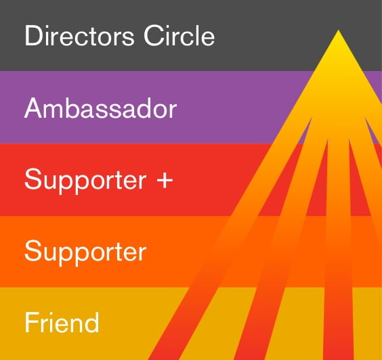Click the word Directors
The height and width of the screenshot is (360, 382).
tap(79, 36)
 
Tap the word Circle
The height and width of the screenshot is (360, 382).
tap(179, 36)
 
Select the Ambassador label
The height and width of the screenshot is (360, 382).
tap(101, 108)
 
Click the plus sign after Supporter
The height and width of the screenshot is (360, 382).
tap(165, 181)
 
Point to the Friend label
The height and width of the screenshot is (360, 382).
tap(62, 322)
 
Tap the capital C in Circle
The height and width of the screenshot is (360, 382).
tap(153, 36)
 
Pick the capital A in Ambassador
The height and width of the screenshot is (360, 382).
tap(34, 108)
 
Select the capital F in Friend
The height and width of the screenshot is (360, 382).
tap(32, 323)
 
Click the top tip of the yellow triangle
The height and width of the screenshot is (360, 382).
tap(338, 30)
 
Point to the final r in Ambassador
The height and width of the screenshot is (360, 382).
tap(173, 111)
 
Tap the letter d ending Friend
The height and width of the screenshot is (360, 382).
tap(92, 323)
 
